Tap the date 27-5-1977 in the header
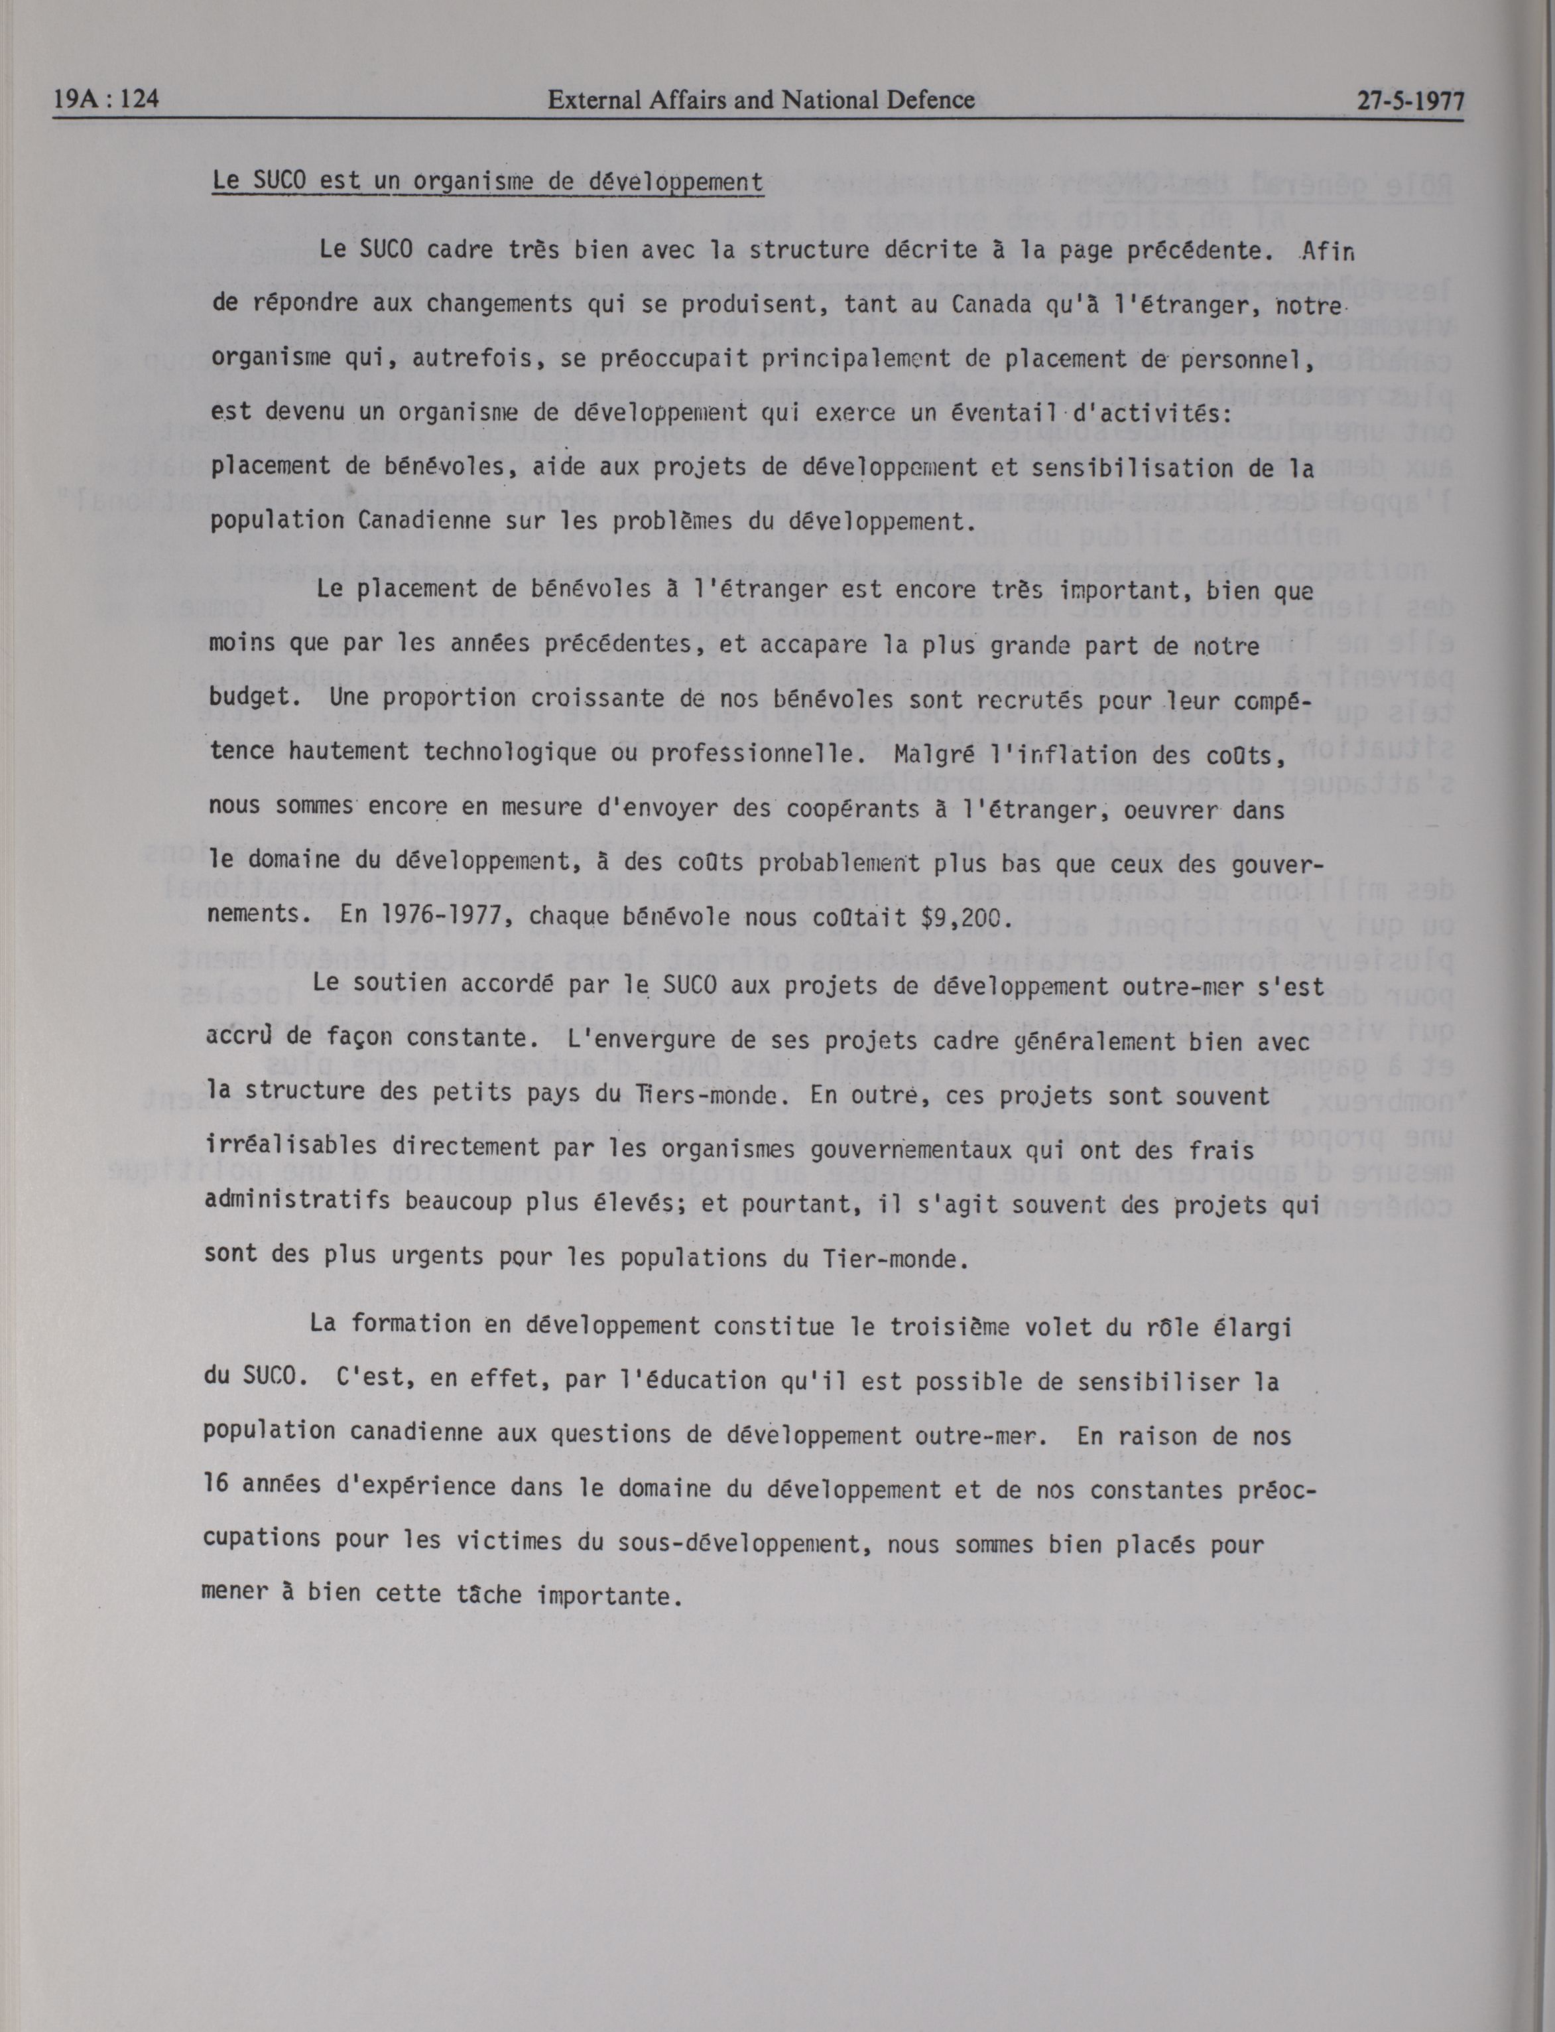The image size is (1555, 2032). click(x=1410, y=101)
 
